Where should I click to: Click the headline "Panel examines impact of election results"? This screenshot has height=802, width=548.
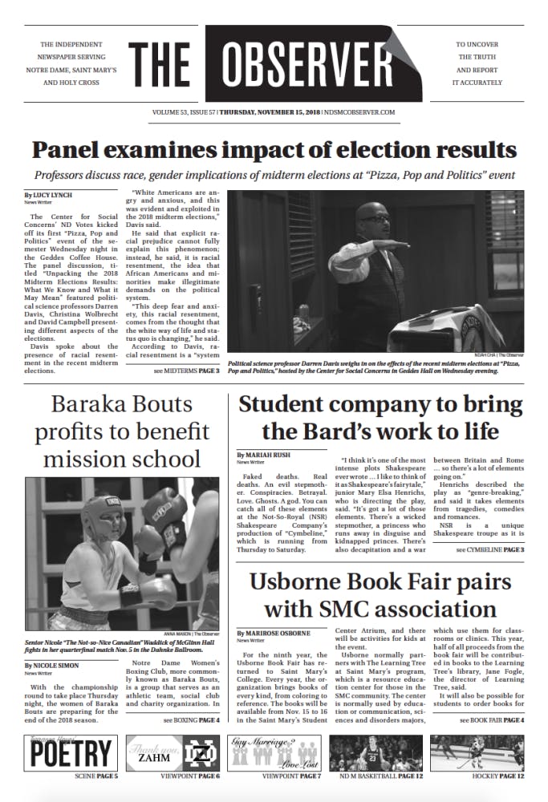point(274,149)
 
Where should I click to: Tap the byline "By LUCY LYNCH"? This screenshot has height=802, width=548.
point(49,195)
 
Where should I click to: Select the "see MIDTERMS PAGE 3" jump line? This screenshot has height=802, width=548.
point(185,371)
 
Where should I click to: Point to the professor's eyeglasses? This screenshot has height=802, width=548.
point(378,218)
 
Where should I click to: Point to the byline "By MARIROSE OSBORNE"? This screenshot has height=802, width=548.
point(274,634)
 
